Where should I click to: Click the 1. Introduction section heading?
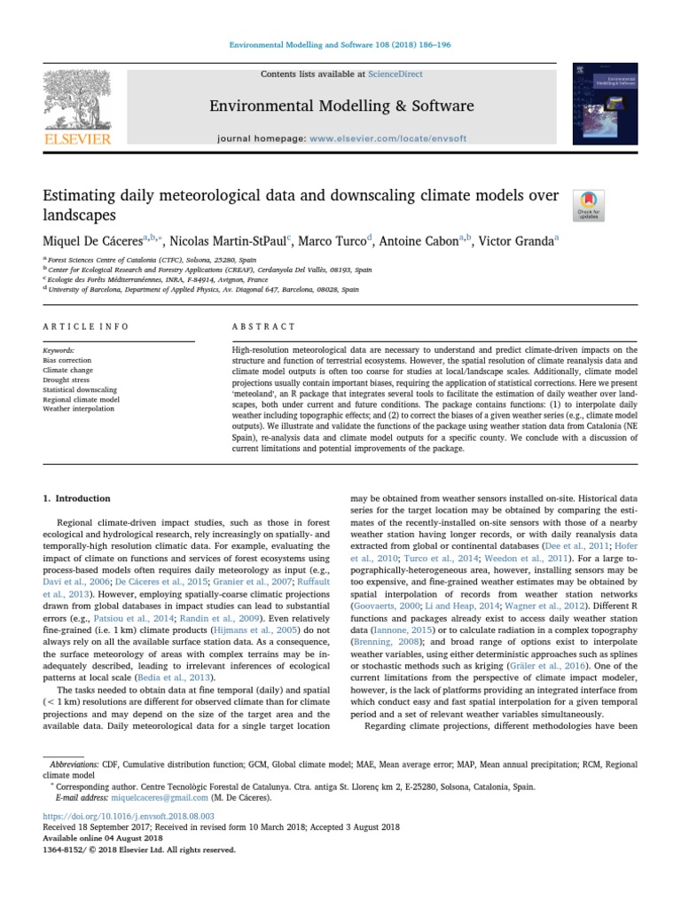(77, 498)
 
